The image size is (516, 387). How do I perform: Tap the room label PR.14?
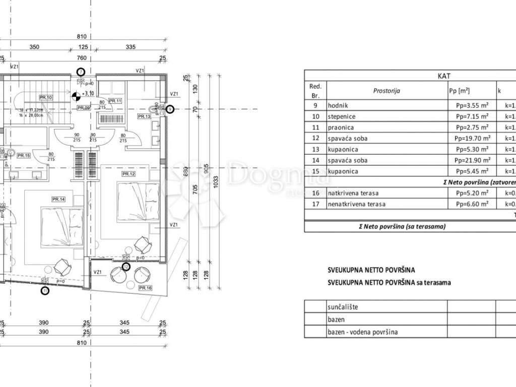pyautogui.click(x=58, y=200)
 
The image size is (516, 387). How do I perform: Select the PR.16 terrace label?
pyautogui.click(x=145, y=288)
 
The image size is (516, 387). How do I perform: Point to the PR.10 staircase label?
pyautogui.click(x=46, y=97)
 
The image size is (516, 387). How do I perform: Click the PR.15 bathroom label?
pyautogui.click(x=24, y=156)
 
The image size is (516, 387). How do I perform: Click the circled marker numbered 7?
pyautogui.click(x=81, y=72)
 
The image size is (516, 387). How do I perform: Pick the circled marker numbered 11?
pyautogui.click(x=45, y=290)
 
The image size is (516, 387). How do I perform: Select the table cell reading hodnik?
pyautogui.click(x=338, y=105)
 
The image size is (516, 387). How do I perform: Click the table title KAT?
pyautogui.click(x=444, y=76)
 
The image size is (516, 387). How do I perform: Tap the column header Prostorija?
pyautogui.click(x=386, y=91)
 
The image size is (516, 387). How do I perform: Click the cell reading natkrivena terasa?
pyautogui.click(x=353, y=193)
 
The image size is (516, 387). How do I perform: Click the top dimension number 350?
pyautogui.click(x=34, y=47)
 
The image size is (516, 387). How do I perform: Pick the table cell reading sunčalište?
pyautogui.click(x=343, y=307)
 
